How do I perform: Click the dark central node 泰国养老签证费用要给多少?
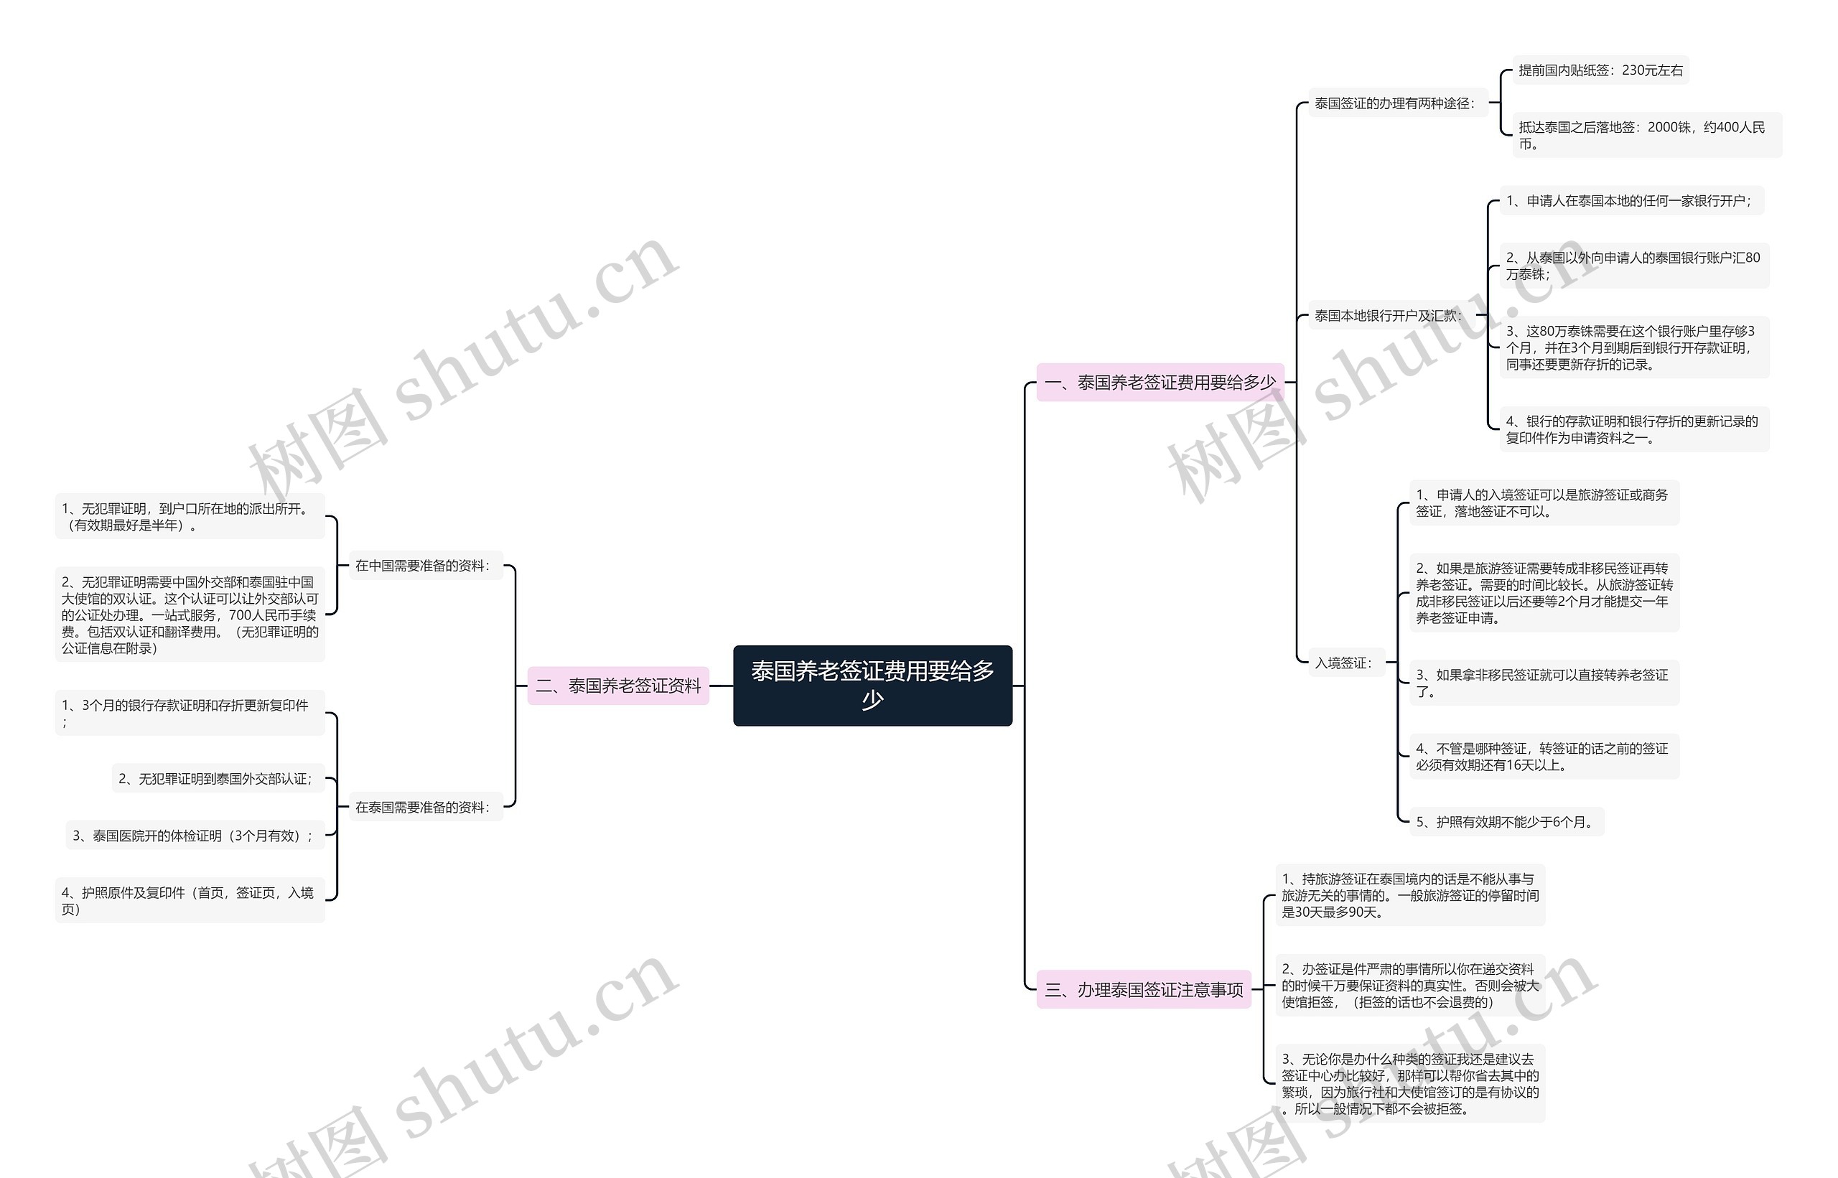[872, 686]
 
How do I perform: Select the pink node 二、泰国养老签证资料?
[618, 686]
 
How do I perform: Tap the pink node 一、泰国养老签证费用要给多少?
[1160, 383]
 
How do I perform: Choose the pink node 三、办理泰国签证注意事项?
[1144, 990]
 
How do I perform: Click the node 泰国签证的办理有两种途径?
[1395, 103]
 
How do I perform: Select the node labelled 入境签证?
[1344, 663]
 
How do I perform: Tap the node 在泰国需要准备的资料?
[424, 807]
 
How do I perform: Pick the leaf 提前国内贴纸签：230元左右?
[1600, 70]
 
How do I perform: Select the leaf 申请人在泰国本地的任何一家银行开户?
[1631, 201]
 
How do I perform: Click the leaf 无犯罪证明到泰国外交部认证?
[218, 779]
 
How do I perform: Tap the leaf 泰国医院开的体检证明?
[195, 836]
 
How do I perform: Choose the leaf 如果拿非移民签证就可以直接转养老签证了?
[1544, 683]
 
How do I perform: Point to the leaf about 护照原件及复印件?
[190, 900]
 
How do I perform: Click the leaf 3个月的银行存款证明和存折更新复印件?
[190, 713]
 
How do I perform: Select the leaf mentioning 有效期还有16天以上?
[1544, 757]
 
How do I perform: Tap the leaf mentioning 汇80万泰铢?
[1634, 266]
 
